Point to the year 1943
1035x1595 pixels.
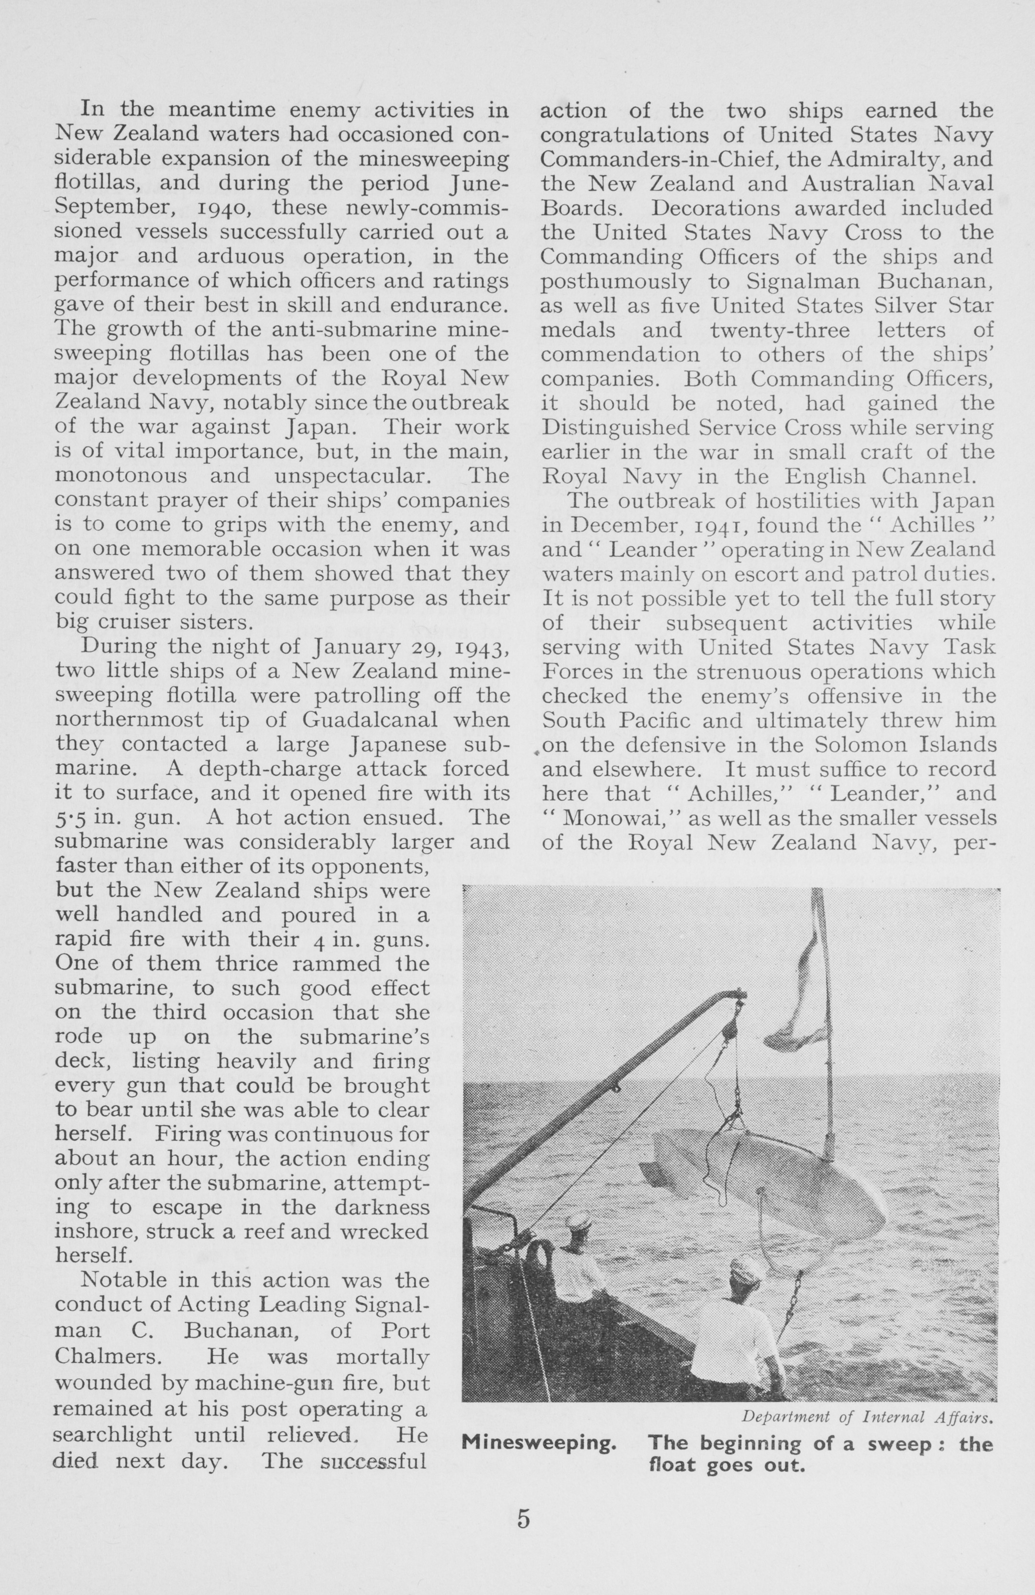pyautogui.click(x=483, y=648)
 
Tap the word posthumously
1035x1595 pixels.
pyautogui.click(x=616, y=282)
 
